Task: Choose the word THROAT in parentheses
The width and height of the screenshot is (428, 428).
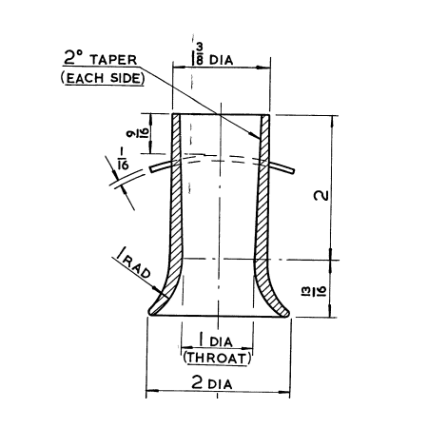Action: [x=217, y=358]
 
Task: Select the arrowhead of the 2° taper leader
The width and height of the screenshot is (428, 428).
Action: [x=261, y=139]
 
